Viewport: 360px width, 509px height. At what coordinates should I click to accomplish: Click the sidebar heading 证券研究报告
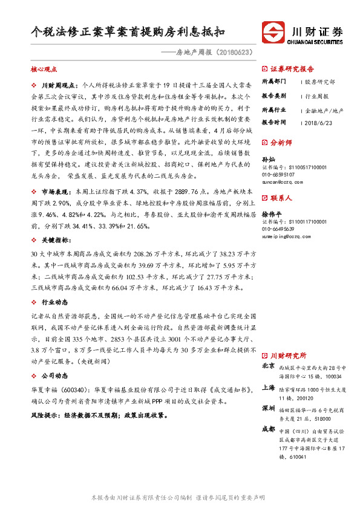click(292, 69)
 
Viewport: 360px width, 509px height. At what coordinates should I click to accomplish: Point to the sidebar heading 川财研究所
click(289, 355)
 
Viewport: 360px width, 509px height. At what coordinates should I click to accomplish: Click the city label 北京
click(268, 366)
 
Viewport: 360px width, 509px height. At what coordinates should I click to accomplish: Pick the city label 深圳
click(268, 408)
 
